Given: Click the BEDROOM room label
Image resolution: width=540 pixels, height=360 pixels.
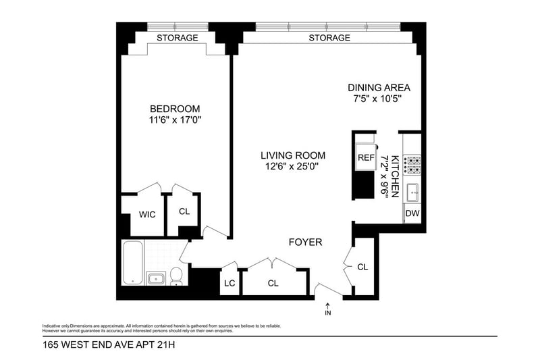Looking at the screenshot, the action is [175, 109].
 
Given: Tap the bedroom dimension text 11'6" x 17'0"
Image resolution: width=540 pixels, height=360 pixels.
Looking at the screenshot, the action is [175, 120].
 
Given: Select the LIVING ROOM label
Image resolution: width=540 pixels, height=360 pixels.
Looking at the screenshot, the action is [293, 156].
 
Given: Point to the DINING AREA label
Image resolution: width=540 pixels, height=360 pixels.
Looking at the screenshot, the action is [379, 88].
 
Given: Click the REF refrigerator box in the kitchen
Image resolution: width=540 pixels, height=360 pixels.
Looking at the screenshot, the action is [366, 157].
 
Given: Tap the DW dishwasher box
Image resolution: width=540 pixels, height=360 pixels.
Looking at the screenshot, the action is [412, 213].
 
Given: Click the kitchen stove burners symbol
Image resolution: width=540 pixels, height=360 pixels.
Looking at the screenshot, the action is [412, 165].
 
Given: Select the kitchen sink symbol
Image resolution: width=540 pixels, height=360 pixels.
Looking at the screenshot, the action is [412, 192].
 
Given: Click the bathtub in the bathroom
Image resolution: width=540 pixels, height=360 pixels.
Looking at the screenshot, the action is [133, 263].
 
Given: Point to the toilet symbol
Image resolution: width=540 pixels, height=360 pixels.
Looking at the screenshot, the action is [176, 277].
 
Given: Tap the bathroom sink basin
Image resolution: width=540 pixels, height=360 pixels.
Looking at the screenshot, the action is [156, 278].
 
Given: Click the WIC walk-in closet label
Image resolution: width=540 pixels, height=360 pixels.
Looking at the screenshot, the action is [147, 215].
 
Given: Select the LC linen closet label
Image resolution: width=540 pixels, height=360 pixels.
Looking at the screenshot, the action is [230, 283].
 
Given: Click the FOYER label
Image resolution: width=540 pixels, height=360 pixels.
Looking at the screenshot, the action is [306, 242].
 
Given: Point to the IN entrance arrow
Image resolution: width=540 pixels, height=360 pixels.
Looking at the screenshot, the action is [328, 309].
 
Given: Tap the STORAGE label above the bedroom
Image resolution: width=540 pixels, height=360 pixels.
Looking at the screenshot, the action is [178, 38].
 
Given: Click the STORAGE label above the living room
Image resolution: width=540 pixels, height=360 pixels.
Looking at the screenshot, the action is [329, 38].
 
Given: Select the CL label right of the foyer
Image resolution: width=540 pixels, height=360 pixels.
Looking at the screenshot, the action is [362, 267].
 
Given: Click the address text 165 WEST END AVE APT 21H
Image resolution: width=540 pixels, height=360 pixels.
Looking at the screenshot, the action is [109, 344].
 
